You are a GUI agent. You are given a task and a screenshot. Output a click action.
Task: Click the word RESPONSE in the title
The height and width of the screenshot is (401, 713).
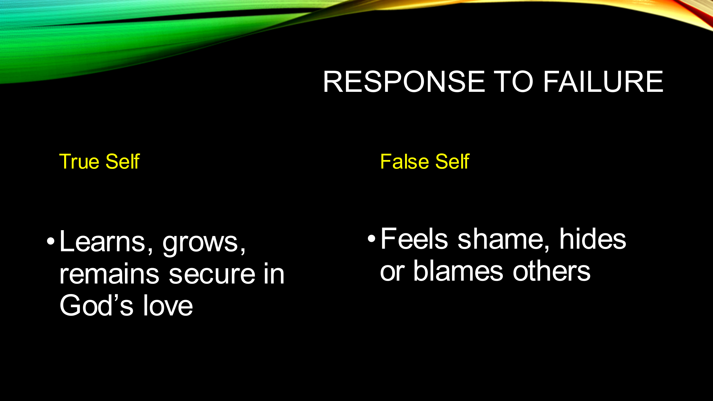[x=404, y=82]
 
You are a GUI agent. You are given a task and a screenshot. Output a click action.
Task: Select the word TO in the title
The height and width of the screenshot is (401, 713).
[x=513, y=82]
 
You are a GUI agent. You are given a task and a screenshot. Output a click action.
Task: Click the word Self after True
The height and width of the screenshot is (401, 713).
[x=123, y=161]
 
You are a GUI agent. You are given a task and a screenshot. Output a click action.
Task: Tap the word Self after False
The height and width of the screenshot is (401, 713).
[x=452, y=161]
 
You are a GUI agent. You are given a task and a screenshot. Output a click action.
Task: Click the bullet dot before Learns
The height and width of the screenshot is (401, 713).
[x=50, y=241]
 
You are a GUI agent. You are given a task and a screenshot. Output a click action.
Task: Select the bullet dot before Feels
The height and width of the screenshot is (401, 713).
[x=371, y=238]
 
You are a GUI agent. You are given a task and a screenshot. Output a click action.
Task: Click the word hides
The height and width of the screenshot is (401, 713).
[x=593, y=239]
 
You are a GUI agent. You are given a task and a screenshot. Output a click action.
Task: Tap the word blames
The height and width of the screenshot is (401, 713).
[x=458, y=271]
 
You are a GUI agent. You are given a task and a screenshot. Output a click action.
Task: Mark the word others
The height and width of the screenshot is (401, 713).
[x=551, y=271]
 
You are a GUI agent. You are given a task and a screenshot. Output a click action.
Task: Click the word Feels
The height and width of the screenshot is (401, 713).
[x=414, y=239]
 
